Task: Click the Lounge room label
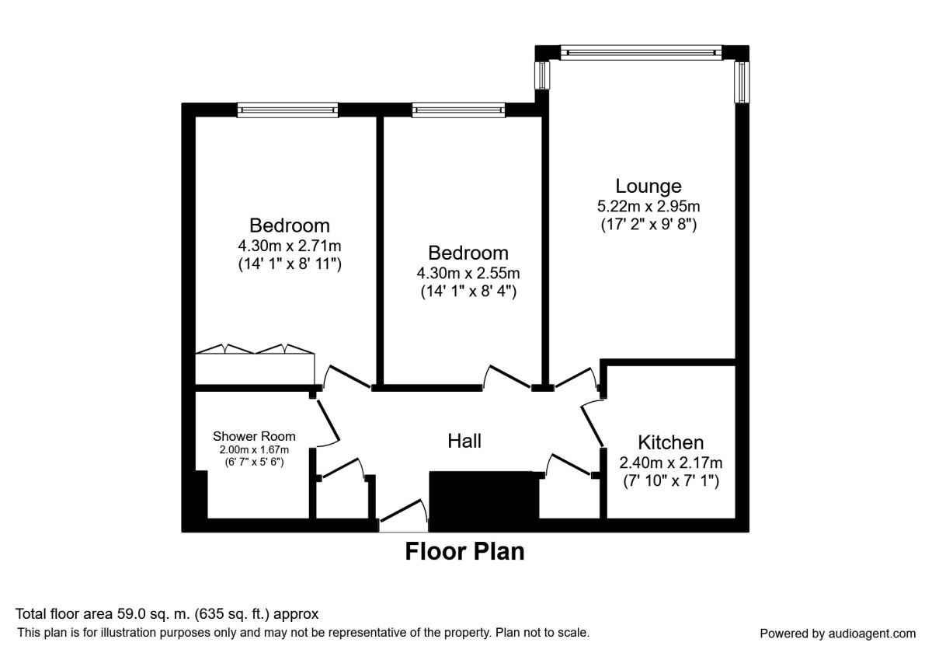649,187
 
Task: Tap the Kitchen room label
670,443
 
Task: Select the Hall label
464,441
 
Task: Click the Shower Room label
254,436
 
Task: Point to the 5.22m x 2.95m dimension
649,207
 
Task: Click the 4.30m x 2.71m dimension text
290,246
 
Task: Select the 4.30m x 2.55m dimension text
468,273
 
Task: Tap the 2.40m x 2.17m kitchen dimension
670,463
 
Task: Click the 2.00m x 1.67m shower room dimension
254,449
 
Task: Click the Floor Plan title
464,551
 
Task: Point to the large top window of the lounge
642,53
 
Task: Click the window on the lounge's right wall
742,81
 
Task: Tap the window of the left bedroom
288,110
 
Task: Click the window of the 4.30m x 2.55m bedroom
458,110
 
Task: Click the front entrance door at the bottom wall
403,519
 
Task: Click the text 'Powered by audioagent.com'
837,633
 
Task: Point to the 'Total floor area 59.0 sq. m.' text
167,614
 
